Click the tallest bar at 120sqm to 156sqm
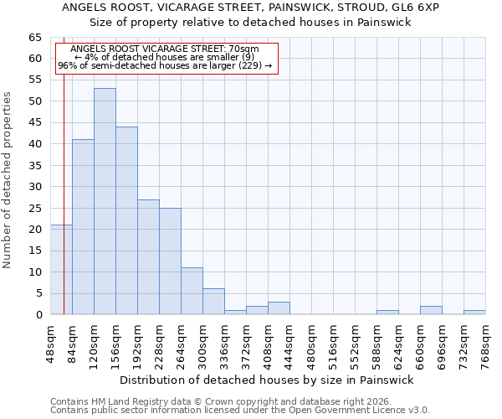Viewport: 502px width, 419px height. pyautogui.click(x=105, y=201)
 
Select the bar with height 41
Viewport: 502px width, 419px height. pyautogui.click(x=83, y=226)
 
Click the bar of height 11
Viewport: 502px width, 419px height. pyautogui.click(x=192, y=291)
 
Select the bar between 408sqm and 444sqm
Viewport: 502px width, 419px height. pyautogui.click(x=279, y=308)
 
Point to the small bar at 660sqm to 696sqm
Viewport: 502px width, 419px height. pyautogui.click(x=431, y=310)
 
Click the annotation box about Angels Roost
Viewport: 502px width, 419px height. pyautogui.click(x=165, y=57)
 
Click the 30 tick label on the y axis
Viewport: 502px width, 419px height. pyautogui.click(x=34, y=187)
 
